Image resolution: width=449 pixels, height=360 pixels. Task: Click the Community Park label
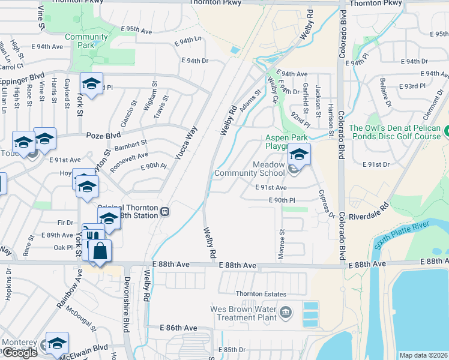pos(86,41)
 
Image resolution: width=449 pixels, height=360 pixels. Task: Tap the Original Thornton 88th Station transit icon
pos(164,211)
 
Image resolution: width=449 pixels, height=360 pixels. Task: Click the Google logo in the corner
pos(19,353)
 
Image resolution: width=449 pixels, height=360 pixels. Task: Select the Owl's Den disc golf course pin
pos(447,130)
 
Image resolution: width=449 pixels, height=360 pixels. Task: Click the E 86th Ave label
pos(178,328)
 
